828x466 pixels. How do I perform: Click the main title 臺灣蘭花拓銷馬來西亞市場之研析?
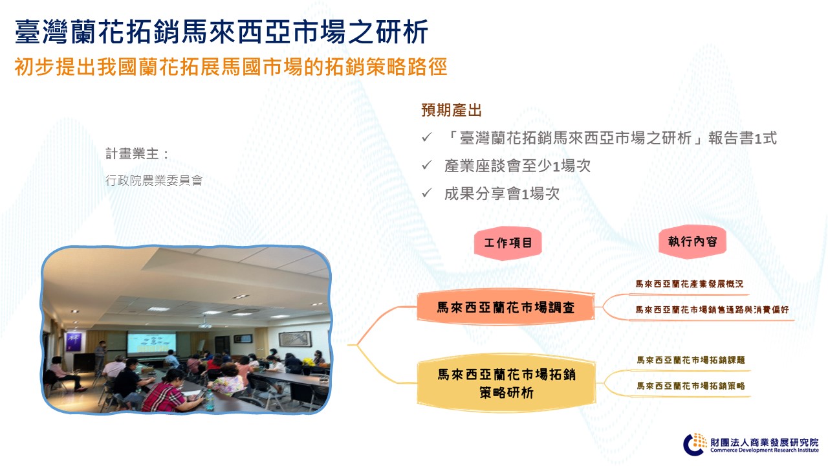click(x=221, y=32)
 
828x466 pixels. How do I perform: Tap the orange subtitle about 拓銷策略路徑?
click(x=231, y=67)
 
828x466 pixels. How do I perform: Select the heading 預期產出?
click(x=452, y=110)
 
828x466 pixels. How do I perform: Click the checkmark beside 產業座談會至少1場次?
click(x=427, y=165)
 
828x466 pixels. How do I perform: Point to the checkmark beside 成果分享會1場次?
click(x=427, y=193)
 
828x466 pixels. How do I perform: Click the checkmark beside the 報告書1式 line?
click(x=427, y=137)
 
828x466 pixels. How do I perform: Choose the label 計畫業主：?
click(x=137, y=154)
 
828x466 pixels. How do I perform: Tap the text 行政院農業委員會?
click(x=154, y=181)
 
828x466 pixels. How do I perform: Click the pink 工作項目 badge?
click(x=508, y=243)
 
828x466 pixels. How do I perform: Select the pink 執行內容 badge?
click(x=692, y=241)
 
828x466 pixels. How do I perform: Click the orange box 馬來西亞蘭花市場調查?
click(x=506, y=307)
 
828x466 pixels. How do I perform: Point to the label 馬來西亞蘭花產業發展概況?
click(x=690, y=284)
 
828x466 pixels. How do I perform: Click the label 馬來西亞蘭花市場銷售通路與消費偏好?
click(x=712, y=309)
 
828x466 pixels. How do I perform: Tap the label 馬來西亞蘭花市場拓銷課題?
click(x=690, y=360)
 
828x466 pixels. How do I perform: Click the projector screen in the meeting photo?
click(x=151, y=344)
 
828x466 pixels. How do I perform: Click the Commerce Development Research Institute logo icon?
click(x=695, y=444)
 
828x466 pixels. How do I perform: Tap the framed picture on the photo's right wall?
click(x=294, y=338)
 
